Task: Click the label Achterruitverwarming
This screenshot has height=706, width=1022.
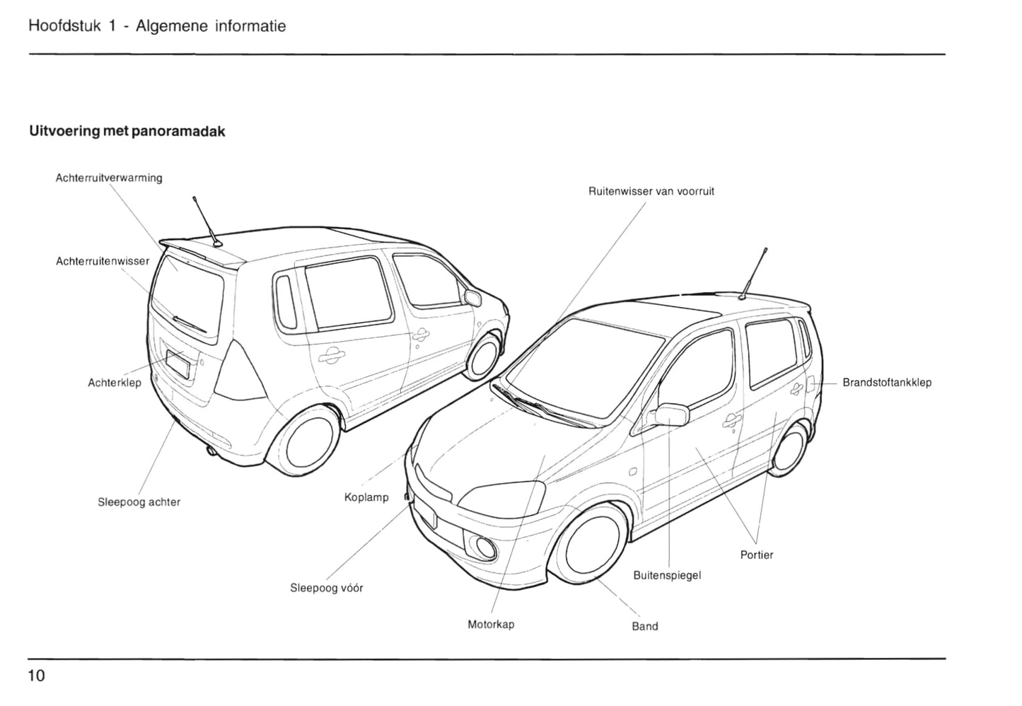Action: click(109, 178)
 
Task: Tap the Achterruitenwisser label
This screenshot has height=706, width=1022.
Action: click(103, 262)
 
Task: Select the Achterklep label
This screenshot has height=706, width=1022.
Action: click(115, 383)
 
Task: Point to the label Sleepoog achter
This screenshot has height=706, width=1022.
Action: click(139, 502)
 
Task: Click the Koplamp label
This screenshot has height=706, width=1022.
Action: click(366, 497)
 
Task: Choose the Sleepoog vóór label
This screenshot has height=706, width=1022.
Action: click(327, 588)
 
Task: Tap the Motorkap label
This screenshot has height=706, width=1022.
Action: click(491, 625)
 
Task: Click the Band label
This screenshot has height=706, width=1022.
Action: click(644, 626)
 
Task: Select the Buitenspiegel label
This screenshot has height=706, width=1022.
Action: click(667, 575)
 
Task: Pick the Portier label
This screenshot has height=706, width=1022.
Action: click(757, 555)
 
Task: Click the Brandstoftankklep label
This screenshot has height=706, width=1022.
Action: click(887, 383)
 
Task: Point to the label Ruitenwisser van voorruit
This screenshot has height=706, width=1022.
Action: click(651, 192)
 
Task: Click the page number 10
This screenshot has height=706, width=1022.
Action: click(36, 676)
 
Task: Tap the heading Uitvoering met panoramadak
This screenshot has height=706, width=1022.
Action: click(127, 132)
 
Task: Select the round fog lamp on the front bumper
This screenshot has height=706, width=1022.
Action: click(485, 545)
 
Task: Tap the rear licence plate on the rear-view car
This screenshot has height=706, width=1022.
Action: click(177, 364)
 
